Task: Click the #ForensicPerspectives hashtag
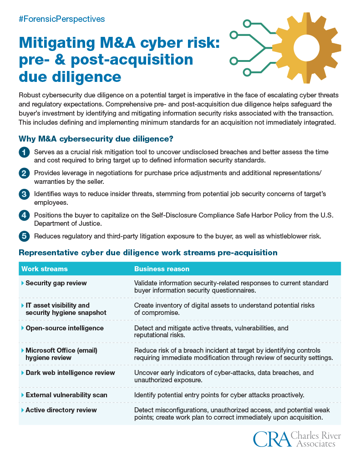click(x=62, y=19)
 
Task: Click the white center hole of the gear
click(x=306, y=47)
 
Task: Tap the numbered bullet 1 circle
click(x=24, y=152)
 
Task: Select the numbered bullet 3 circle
click(x=24, y=195)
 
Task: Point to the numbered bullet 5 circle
click(x=24, y=236)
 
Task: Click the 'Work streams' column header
click(x=45, y=269)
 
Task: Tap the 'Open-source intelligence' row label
click(x=65, y=328)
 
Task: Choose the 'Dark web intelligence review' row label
click(x=70, y=373)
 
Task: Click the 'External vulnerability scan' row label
click(x=66, y=395)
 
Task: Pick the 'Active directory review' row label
click(x=61, y=410)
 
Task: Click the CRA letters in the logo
click(x=271, y=440)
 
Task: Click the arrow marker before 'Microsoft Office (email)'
click(x=23, y=350)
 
